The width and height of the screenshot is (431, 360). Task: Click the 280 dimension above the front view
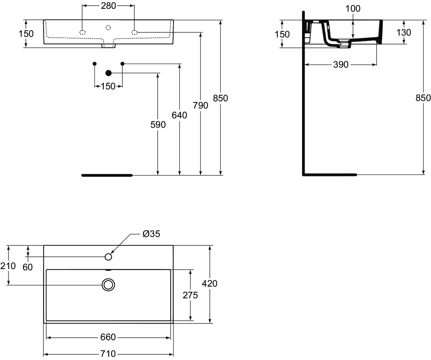point(108,6)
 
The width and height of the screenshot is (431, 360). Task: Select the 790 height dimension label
point(200,105)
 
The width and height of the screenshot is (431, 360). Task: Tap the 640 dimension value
point(179,115)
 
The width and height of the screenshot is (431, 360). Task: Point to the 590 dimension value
point(158,125)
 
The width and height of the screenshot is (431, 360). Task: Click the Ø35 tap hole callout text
point(151,234)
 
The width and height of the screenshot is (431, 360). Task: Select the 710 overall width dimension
point(108,354)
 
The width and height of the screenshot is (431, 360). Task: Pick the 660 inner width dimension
point(108,337)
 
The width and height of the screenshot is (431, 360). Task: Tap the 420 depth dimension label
point(209,283)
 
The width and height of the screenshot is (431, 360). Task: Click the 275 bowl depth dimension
point(190,295)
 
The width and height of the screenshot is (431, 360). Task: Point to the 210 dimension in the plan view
point(8,266)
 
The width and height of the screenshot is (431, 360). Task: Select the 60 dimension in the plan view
point(28,267)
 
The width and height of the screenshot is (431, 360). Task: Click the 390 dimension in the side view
point(341,65)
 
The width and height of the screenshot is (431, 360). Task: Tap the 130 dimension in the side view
point(404,32)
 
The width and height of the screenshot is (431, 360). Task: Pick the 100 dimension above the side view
point(353,9)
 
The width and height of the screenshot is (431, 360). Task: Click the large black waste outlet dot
point(108,73)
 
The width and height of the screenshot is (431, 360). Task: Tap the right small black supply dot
point(122,64)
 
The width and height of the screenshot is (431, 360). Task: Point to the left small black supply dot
point(94,64)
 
